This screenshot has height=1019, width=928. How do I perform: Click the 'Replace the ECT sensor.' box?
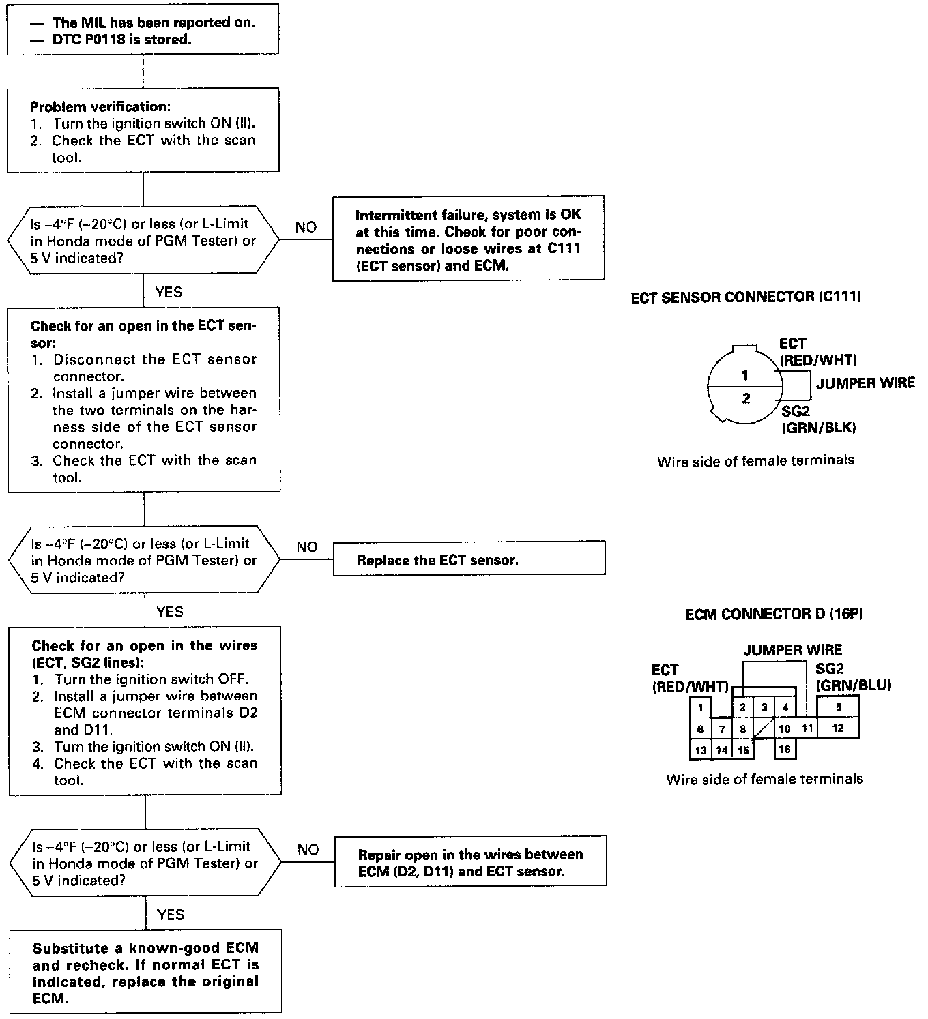(469, 561)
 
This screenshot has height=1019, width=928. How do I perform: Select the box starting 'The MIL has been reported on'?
(143, 31)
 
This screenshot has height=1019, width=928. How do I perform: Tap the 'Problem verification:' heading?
(100, 107)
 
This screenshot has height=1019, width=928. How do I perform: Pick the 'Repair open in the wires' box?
(470, 863)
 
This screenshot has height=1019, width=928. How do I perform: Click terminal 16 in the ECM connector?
(785, 750)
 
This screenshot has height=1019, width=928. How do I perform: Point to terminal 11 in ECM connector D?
(807, 728)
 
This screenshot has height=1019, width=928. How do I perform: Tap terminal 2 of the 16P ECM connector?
(742, 708)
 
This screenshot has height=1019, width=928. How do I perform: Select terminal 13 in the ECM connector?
(700, 750)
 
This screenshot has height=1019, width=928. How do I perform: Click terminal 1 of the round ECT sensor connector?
(745, 375)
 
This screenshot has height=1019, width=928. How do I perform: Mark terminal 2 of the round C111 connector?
(745, 398)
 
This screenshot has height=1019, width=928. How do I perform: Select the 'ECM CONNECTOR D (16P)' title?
(774, 615)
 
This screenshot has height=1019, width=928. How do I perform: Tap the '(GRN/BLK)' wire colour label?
(819, 428)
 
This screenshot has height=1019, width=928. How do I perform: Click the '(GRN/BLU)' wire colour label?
(854, 685)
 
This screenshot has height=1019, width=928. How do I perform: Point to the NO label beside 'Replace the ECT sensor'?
(307, 547)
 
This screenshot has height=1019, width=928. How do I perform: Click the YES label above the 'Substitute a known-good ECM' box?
(170, 915)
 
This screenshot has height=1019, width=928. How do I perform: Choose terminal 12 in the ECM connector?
(838, 728)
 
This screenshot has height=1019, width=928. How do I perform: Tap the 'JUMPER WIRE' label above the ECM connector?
(793, 650)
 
